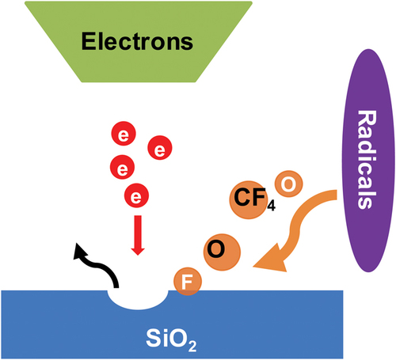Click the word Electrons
click(137, 41)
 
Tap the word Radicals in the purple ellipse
click(367, 160)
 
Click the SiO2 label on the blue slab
click(171, 339)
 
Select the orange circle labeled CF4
click(249, 199)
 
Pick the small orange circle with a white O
click(288, 184)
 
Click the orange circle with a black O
click(222, 252)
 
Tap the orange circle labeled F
click(188, 282)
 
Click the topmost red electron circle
click(124, 134)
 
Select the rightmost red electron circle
click(160, 148)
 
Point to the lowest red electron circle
click(136, 195)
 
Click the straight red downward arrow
click(138, 235)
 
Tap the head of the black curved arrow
click(79, 251)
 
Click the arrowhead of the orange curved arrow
click(271, 259)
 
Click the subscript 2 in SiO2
click(192, 347)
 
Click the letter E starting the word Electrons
click(88, 41)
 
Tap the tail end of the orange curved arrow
click(337, 195)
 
